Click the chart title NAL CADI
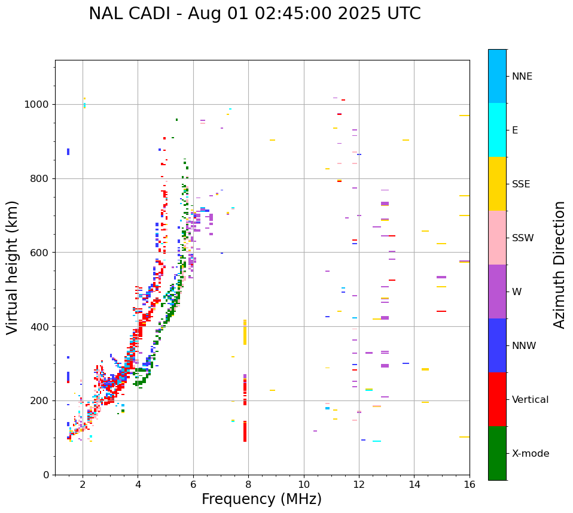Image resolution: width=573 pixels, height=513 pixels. coord(254,14)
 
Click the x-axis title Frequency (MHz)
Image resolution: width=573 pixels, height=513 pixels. coord(261,499)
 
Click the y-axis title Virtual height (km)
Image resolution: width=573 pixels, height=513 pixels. coord(13,268)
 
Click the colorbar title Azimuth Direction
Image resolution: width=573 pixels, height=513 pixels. coord(559,265)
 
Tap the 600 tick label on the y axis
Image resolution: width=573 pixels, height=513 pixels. coord(39,253)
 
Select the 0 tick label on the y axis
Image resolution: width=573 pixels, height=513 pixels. coord(46,475)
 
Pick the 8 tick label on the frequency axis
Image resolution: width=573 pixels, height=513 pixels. coord(248,484)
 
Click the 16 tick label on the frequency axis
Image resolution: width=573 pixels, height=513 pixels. coord(470,484)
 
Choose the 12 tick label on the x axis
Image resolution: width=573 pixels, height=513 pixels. coord(359,484)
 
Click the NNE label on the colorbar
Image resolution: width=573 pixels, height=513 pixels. coord(522,77)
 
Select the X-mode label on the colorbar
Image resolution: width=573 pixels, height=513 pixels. coord(531,454)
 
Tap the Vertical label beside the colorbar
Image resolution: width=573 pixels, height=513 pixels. coord(530,400)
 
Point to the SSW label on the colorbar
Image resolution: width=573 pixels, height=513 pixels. coord(523,238)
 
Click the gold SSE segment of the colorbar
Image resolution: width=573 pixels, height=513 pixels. coord(497,184)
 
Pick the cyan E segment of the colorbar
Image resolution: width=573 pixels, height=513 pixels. coord(497,130)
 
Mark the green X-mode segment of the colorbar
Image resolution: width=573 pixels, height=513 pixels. coord(497,453)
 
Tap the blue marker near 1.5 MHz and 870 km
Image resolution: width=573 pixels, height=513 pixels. coord(68,151)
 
